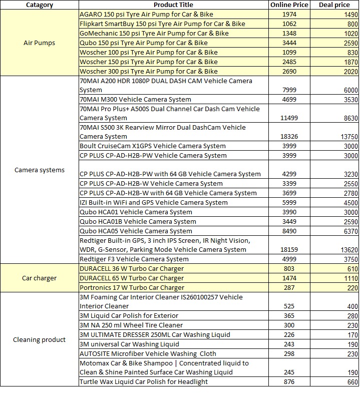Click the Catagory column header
click(x=39, y=5)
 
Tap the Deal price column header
click(x=334, y=5)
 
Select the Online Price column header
click(x=289, y=5)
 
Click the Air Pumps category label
click(x=39, y=43)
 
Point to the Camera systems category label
click(x=39, y=170)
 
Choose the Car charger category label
click(x=39, y=278)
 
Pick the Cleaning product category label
click(x=39, y=339)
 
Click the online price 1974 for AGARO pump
click(x=289, y=15)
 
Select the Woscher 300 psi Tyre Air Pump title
click(x=148, y=72)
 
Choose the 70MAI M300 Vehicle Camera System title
click(x=135, y=100)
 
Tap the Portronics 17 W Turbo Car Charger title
click(x=132, y=287)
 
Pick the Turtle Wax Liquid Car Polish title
click(x=144, y=381)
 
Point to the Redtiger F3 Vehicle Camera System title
click(x=134, y=259)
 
